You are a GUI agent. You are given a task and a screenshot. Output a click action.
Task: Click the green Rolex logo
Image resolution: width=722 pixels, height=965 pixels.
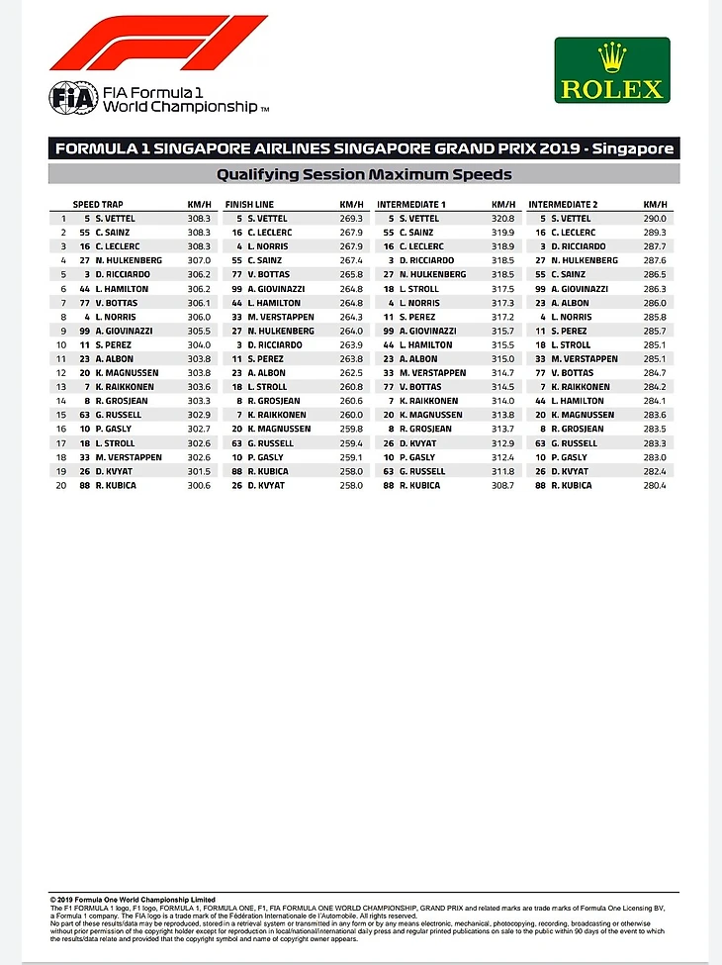pyautogui.click(x=611, y=70)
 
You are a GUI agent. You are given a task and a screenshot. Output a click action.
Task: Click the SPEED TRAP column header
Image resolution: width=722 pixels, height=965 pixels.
pyautogui.click(x=98, y=204)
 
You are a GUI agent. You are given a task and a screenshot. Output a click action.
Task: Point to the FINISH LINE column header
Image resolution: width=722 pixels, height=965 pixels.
pyautogui.click(x=250, y=204)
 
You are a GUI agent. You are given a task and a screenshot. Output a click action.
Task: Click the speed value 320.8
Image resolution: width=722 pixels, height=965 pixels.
pyautogui.click(x=504, y=218)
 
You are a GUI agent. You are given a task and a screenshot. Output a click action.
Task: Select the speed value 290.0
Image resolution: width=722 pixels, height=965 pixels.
pyautogui.click(x=655, y=218)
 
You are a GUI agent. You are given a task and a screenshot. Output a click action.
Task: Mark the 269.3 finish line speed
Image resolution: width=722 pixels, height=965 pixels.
pyautogui.click(x=352, y=218)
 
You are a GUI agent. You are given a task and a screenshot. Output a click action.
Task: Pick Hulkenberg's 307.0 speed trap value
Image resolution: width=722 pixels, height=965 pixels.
pyautogui.click(x=199, y=260)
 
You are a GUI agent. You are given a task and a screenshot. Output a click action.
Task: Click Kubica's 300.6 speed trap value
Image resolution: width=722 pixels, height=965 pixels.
pyautogui.click(x=199, y=486)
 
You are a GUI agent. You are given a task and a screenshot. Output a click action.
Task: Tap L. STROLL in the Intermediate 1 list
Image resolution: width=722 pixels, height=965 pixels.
pyautogui.click(x=417, y=288)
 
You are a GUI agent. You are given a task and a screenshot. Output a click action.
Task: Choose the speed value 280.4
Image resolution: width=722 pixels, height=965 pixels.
pyautogui.click(x=655, y=486)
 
